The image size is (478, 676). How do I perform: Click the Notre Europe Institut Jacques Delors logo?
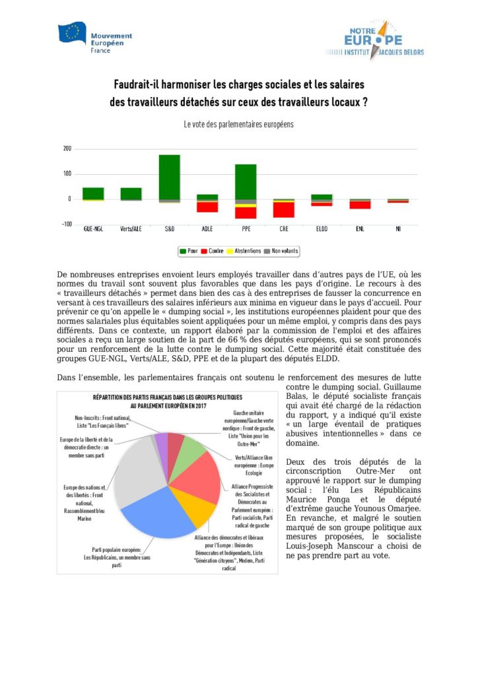374,40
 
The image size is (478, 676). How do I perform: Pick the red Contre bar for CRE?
284,209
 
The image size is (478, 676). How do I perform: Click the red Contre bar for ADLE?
207,207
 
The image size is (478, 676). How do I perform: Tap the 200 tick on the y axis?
67,149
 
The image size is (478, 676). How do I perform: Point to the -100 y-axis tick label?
66,224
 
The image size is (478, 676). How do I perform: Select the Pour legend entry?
189,252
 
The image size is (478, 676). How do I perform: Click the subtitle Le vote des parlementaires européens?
238,124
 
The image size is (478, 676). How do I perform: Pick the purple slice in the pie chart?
160,442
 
